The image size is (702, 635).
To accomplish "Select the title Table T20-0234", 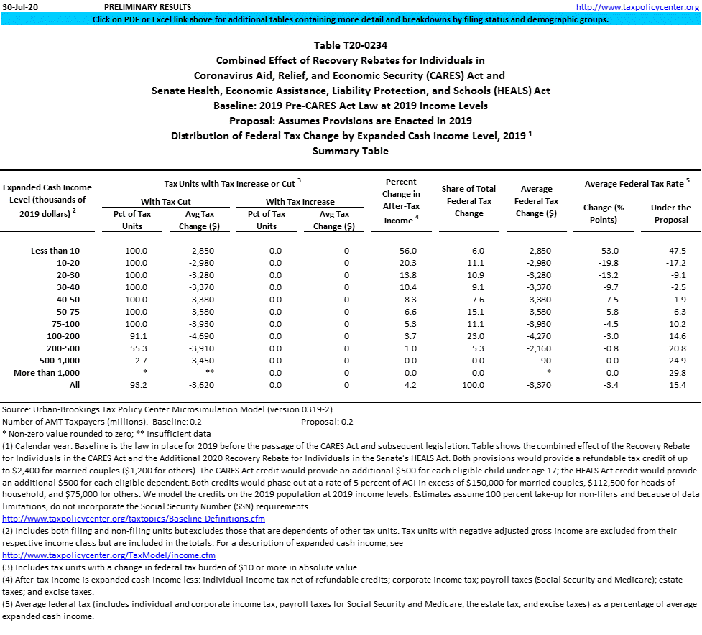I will pyautogui.click(x=350, y=46).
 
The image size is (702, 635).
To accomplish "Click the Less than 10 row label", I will pyautogui.click(x=56, y=251).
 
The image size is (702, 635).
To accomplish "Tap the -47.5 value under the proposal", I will pyautogui.click(x=675, y=251).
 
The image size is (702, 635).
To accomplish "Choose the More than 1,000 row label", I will pyautogui.click(x=47, y=373).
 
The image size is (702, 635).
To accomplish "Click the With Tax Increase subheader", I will pyautogui.click(x=300, y=202).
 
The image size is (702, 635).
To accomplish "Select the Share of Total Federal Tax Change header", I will pyautogui.click(x=469, y=201).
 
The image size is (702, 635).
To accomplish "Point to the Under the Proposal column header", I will pyautogui.click(x=670, y=213).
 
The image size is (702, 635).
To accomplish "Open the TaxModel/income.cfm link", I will pyautogui.click(x=108, y=555).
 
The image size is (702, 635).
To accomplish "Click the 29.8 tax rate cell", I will pyautogui.click(x=676, y=373).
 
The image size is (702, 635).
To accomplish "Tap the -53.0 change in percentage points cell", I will pyautogui.click(x=609, y=251).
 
